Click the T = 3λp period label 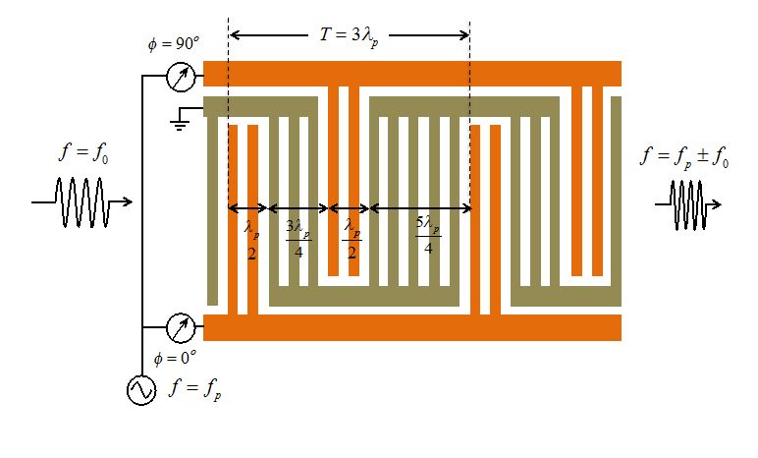[x=349, y=36]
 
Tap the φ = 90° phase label [x=174, y=44]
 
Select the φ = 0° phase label [x=175, y=359]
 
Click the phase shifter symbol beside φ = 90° [x=181, y=77]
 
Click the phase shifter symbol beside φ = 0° [x=181, y=327]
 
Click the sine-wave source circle [x=141, y=390]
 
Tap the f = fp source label [x=195, y=390]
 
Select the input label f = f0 [x=83, y=153]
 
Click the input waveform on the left [x=81, y=201]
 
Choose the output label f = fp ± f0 [x=684, y=157]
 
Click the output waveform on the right [x=688, y=204]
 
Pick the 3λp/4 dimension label [x=298, y=239]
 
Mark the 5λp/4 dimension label [x=428, y=235]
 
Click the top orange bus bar [x=411, y=74]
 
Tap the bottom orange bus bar [x=411, y=327]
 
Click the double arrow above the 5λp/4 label [x=420, y=208]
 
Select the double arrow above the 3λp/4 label [x=298, y=208]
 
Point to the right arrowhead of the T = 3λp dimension [x=464, y=34]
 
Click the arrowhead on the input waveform [x=128, y=201]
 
